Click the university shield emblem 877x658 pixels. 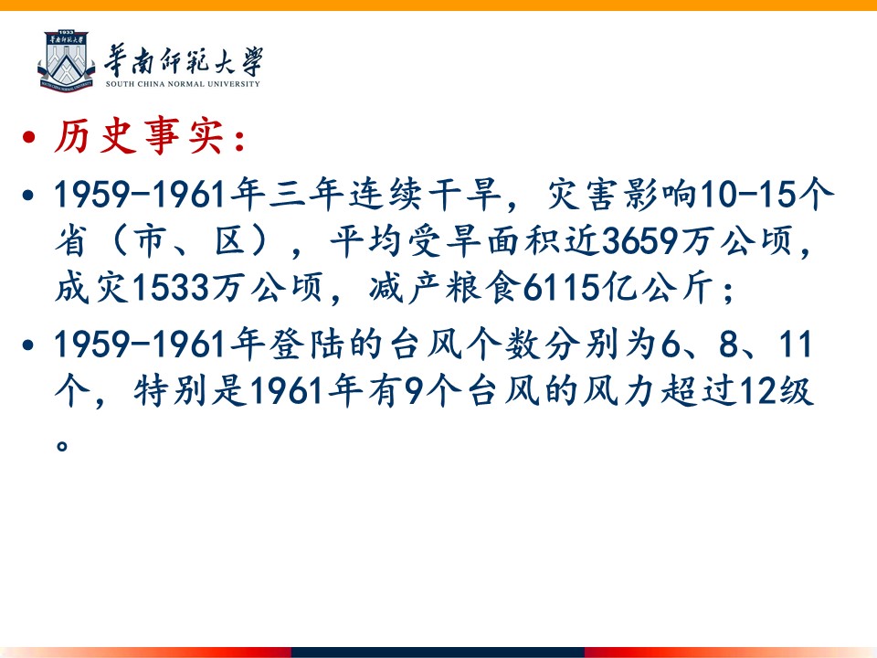click(x=66, y=61)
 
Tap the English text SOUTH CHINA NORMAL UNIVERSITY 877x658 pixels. click(x=183, y=84)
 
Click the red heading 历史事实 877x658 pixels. click(x=140, y=136)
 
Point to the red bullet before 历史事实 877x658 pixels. click(x=28, y=137)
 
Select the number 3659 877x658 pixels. click(x=639, y=241)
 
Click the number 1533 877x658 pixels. click(x=170, y=289)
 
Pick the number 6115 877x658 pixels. click(x=561, y=289)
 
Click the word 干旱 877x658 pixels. click(x=465, y=195)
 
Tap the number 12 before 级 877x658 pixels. click(x=758, y=390)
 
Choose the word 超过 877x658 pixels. click(x=698, y=390)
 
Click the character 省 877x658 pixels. click(x=71, y=241)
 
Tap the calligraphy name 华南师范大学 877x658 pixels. click(x=184, y=60)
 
